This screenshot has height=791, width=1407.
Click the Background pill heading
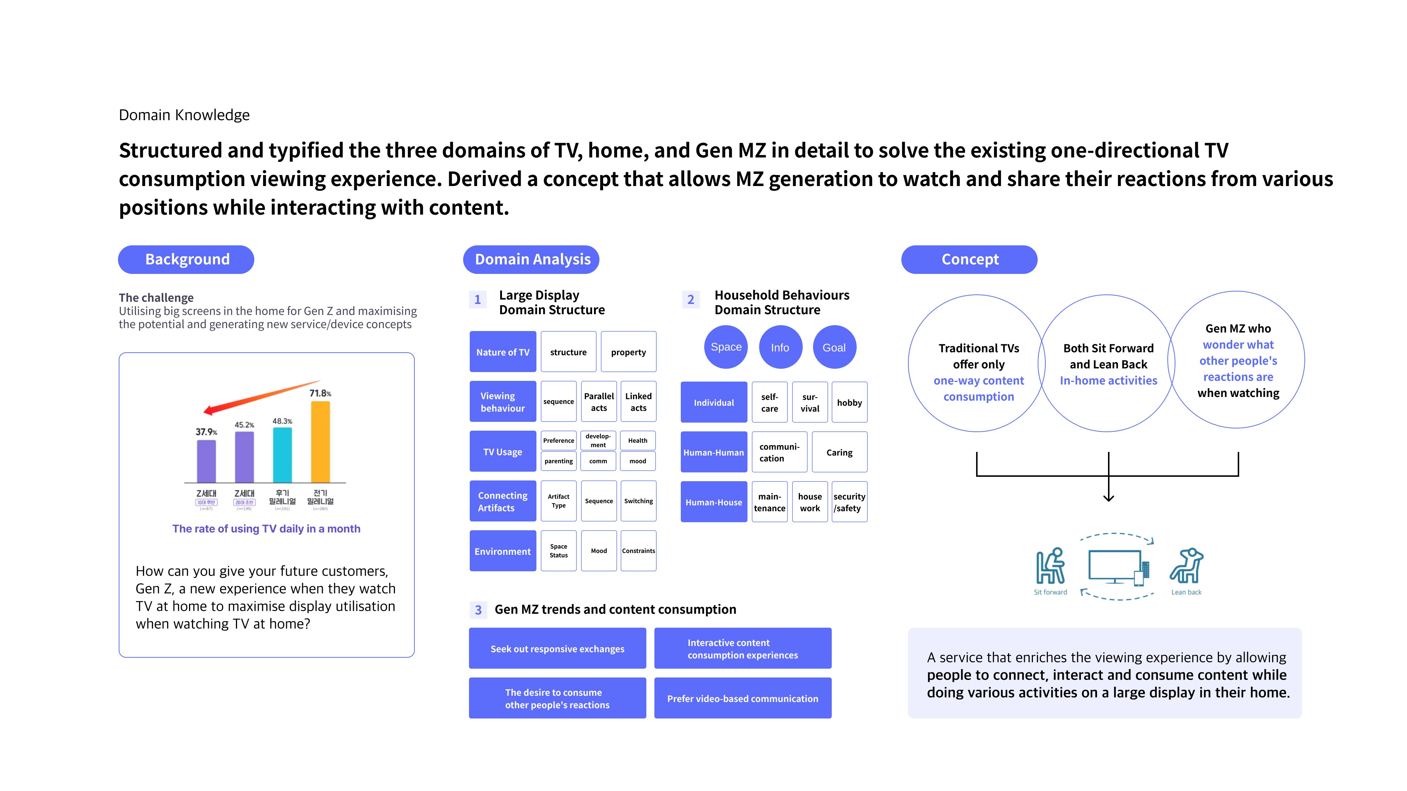(x=186, y=259)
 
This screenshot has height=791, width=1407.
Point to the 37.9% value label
(x=206, y=432)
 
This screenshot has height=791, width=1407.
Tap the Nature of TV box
(x=502, y=352)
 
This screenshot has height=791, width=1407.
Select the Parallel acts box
(x=599, y=402)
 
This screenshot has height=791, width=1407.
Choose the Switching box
(x=638, y=501)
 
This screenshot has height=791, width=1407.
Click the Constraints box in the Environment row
(x=638, y=551)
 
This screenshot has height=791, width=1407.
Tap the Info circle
(x=780, y=347)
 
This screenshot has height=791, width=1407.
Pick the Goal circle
(x=834, y=347)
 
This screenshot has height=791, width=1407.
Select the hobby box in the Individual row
(x=849, y=402)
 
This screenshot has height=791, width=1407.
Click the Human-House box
(x=713, y=502)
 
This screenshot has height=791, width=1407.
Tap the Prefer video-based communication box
(x=742, y=698)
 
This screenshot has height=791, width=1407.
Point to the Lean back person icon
(x=1186, y=566)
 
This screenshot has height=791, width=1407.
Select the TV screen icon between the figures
(x=1114, y=565)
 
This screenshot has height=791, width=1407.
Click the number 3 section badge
(x=478, y=610)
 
